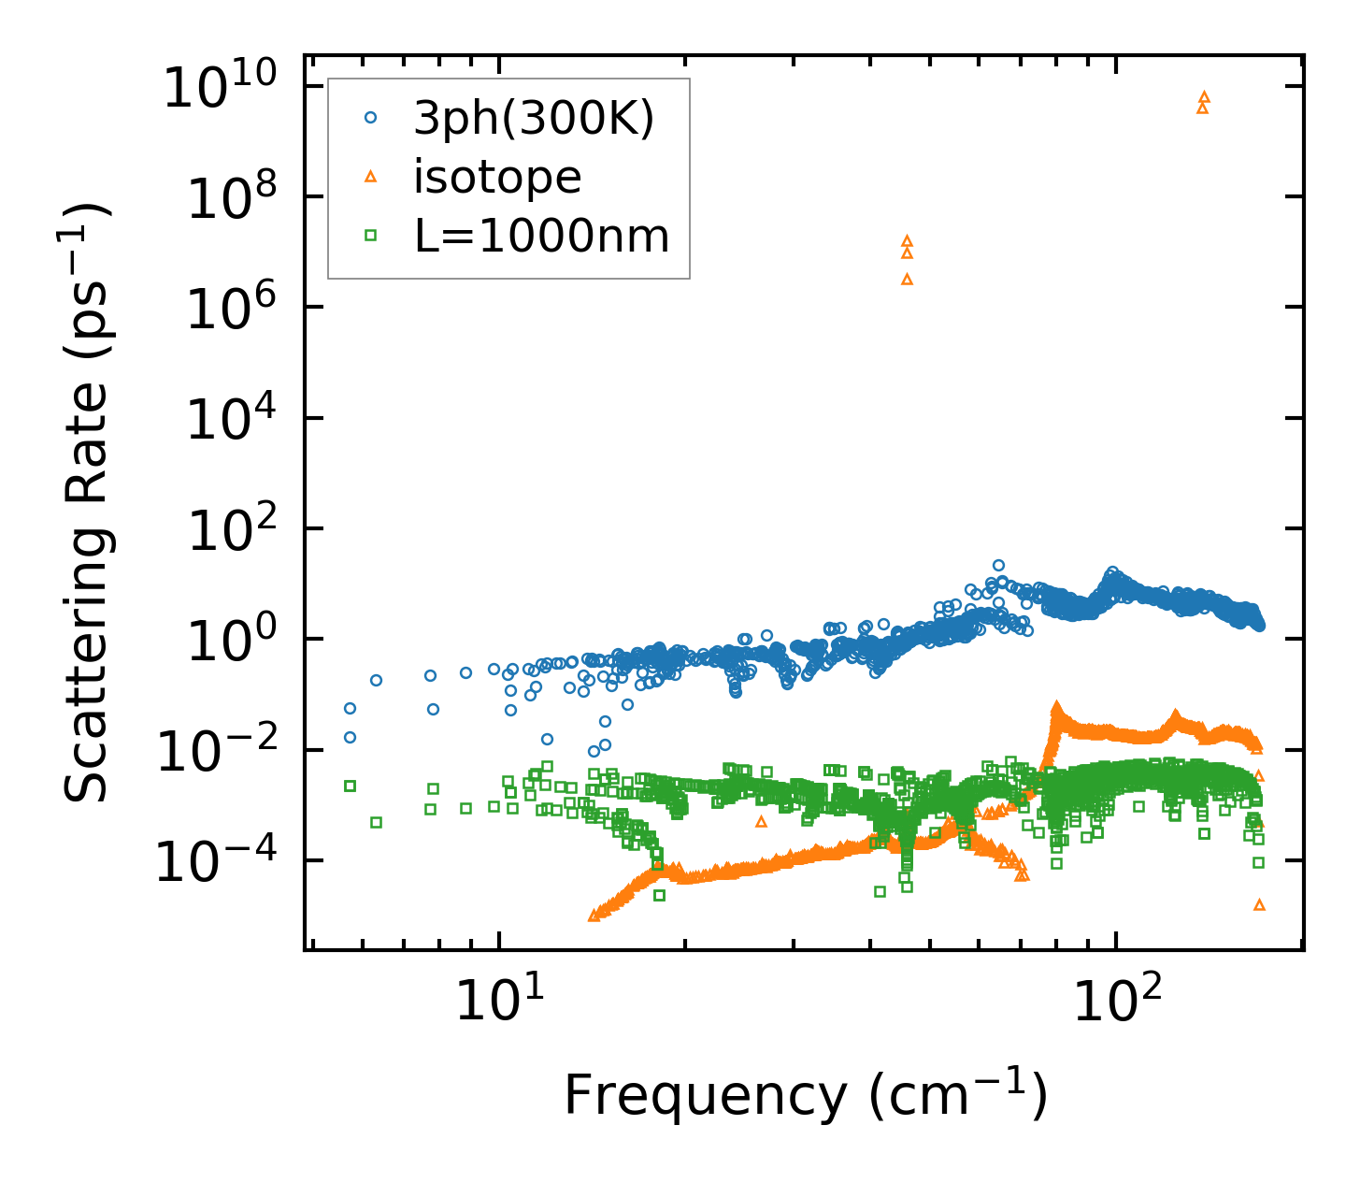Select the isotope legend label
(497, 177)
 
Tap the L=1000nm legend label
(542, 237)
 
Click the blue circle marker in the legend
(371, 118)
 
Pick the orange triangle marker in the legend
(371, 177)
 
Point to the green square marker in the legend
(371, 237)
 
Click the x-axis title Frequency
(805, 1095)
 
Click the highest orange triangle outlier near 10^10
(1204, 96)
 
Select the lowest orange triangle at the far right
(1259, 904)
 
